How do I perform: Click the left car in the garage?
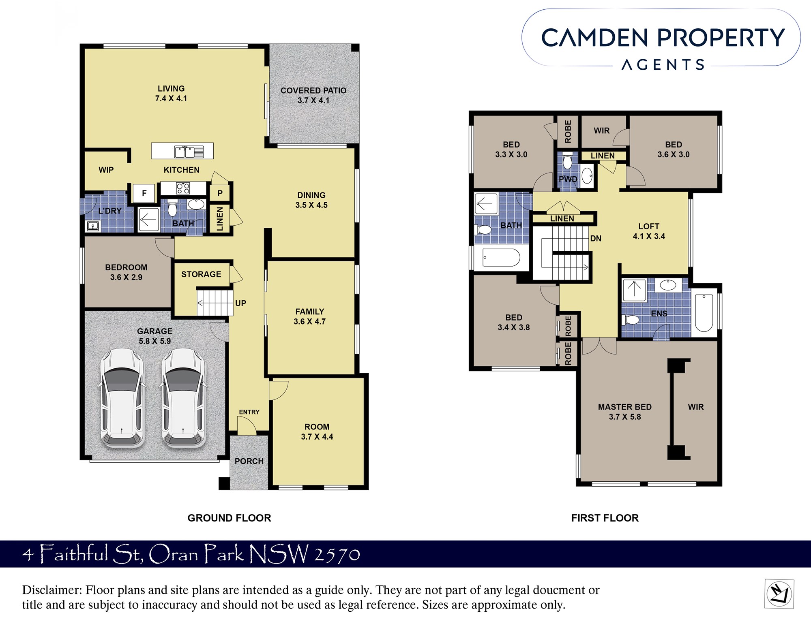tap(122, 398)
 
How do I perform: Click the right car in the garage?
tap(183, 398)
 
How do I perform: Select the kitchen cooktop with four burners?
tap(183, 188)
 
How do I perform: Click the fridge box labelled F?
tap(144, 193)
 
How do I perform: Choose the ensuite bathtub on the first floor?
tap(704, 313)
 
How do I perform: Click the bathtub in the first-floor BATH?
tap(501, 258)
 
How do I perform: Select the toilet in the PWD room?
tap(567, 162)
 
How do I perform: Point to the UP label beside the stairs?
tap(240, 303)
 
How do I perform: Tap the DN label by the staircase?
tap(596, 238)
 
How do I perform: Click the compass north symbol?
tap(779, 594)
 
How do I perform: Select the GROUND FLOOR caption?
tap(229, 518)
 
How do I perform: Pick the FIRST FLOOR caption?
tap(605, 518)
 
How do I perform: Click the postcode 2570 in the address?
tap(337, 555)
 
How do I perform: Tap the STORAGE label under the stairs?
tap(201, 274)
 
